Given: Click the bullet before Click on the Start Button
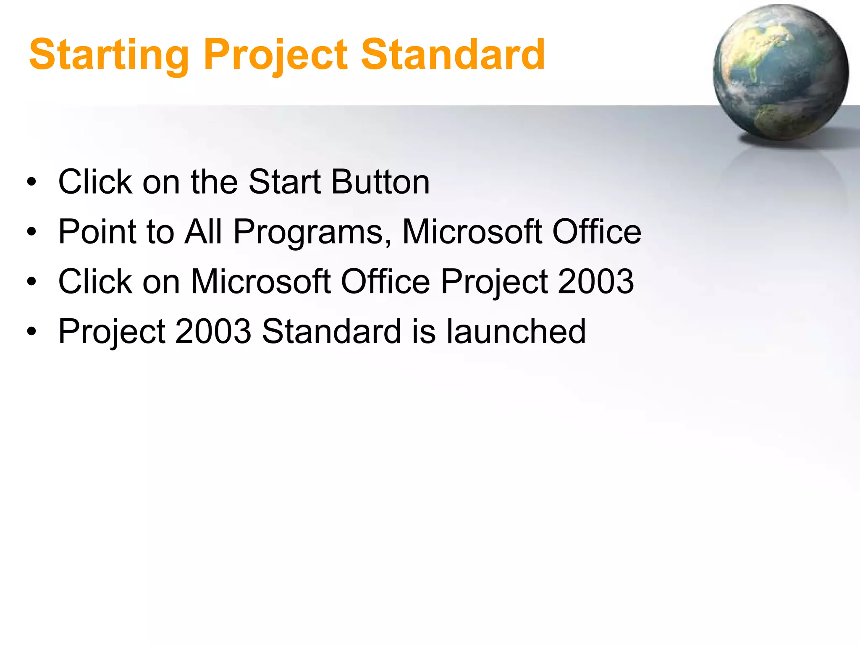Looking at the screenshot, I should point(31,182).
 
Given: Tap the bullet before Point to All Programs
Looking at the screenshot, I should point(31,232).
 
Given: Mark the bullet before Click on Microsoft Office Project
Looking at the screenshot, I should point(31,282).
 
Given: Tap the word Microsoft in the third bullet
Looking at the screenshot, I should point(260,281).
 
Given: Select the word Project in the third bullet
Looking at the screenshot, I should point(494,282).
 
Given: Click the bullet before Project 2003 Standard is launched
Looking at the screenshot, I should point(31,332).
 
